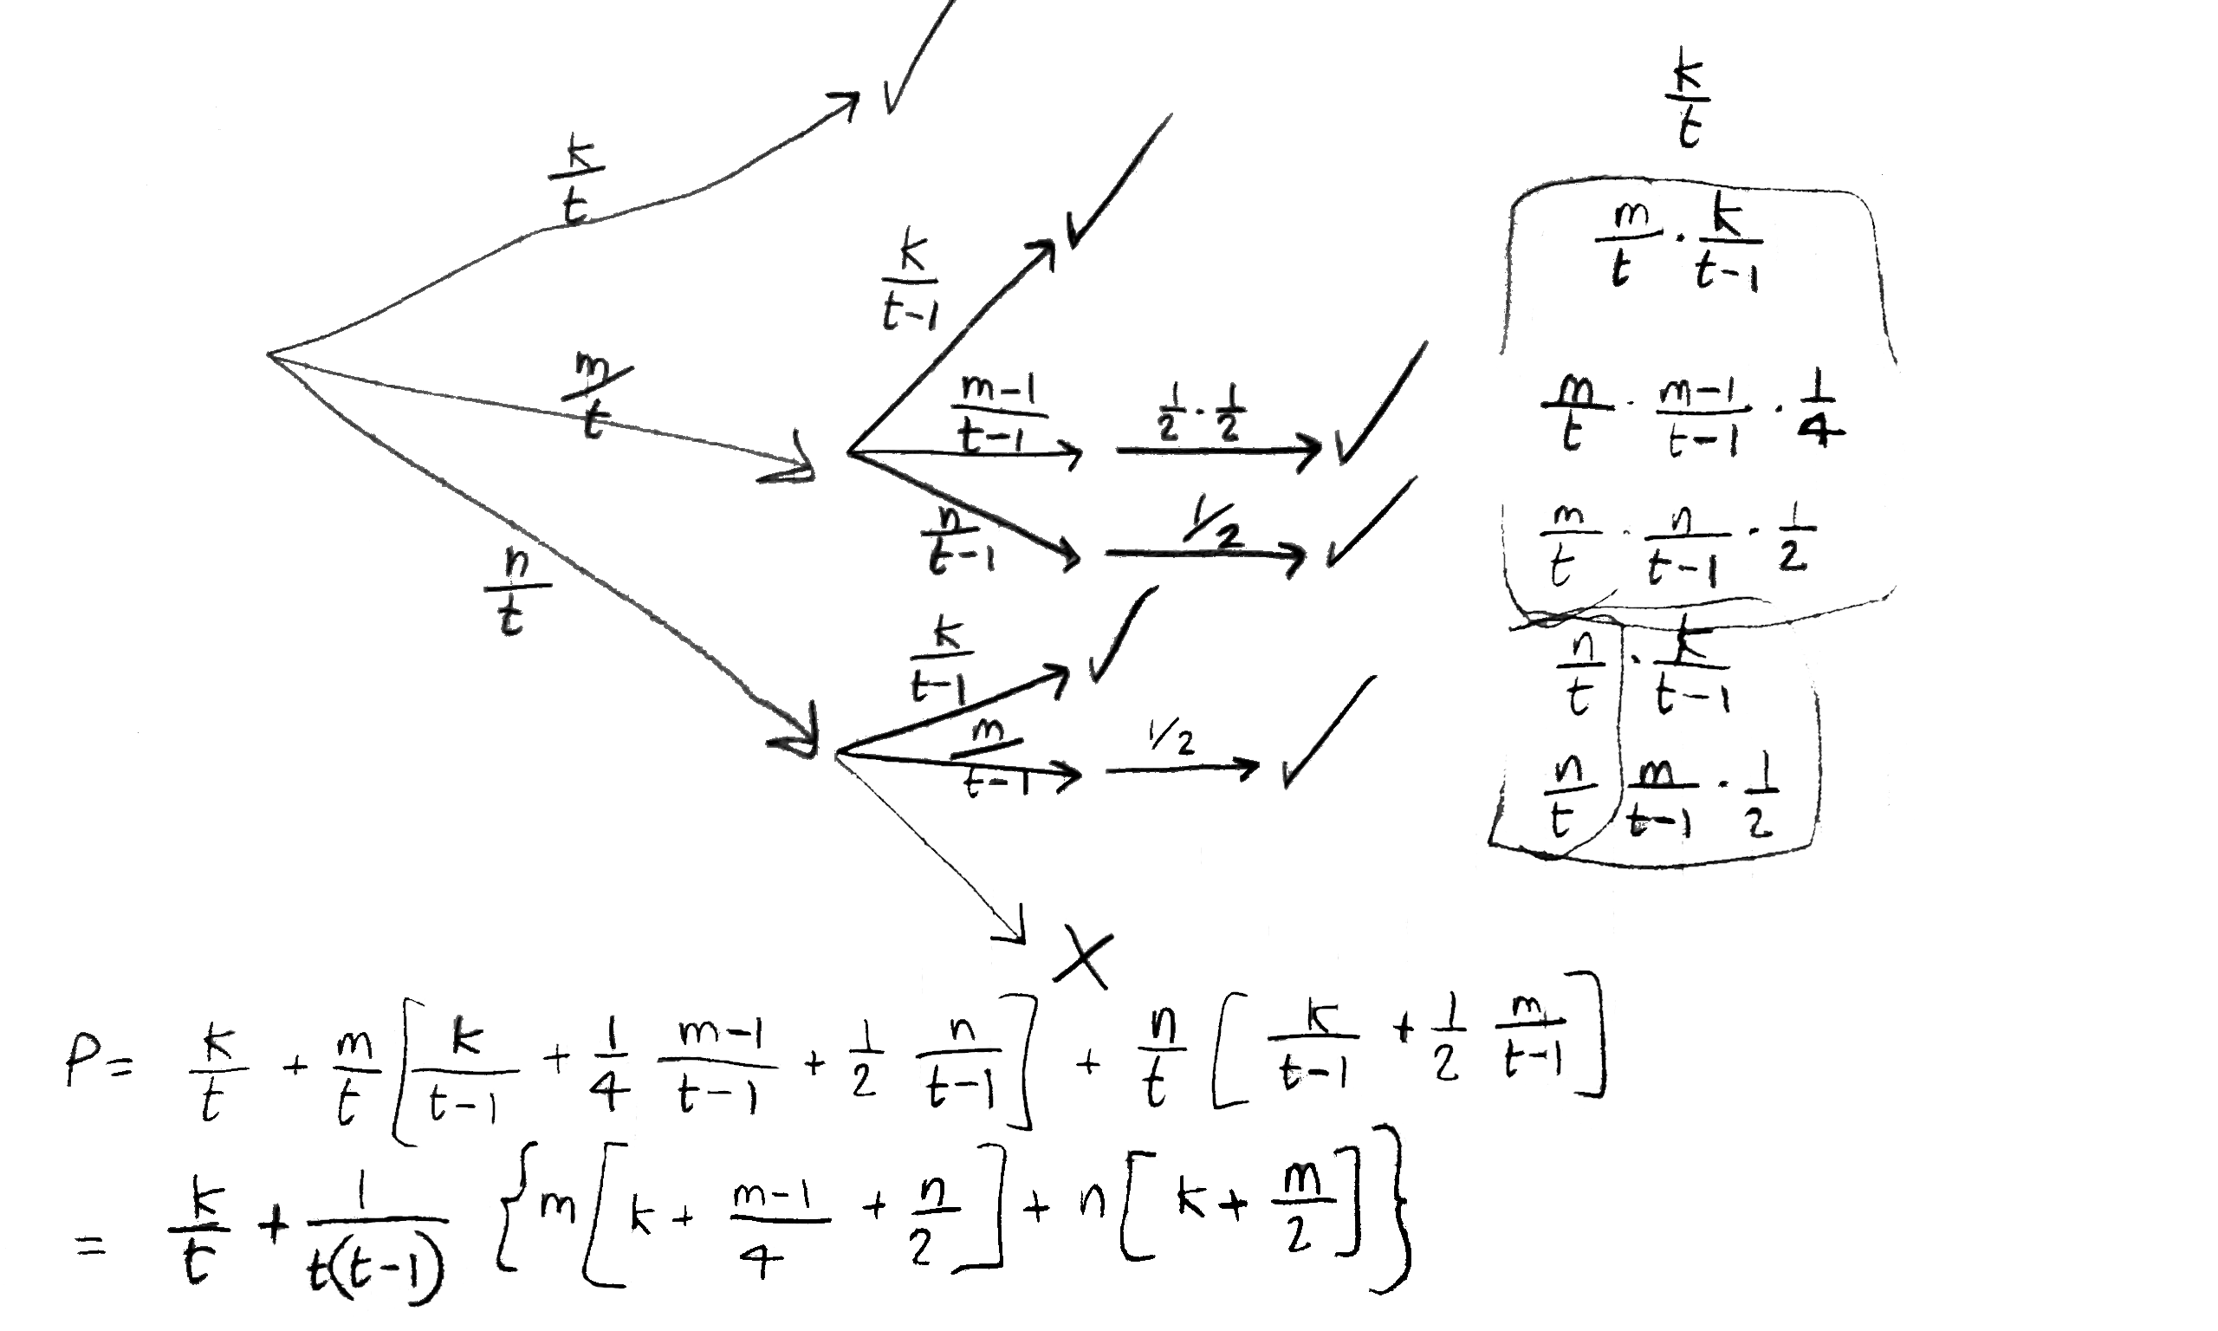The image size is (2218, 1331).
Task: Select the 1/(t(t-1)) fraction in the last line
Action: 377,1243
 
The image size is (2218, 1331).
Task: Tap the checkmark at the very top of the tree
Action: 914,62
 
